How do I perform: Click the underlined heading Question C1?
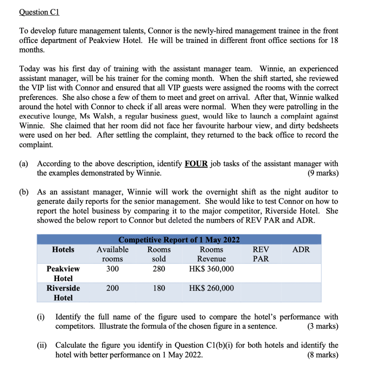pyautogui.click(x=39, y=12)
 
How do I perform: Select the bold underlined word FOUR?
pyautogui.click(x=196, y=164)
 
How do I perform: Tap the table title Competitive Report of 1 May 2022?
pyautogui.click(x=179, y=240)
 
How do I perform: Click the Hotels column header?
pyautogui.click(x=63, y=250)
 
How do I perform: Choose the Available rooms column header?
pyautogui.click(x=112, y=254)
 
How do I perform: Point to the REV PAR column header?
pyautogui.click(x=261, y=254)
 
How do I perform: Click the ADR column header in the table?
pyautogui.click(x=301, y=250)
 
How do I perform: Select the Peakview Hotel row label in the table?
pyautogui.click(x=63, y=274)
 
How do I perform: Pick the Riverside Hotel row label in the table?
pyautogui.click(x=63, y=293)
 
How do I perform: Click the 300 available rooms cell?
pyautogui.click(x=112, y=269)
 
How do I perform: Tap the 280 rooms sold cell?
pyautogui.click(x=159, y=269)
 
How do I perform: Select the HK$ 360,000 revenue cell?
pyautogui.click(x=211, y=269)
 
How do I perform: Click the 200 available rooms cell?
pyautogui.click(x=112, y=288)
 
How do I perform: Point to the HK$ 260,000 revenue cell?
pyautogui.click(x=211, y=288)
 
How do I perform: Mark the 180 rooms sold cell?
pyautogui.click(x=159, y=288)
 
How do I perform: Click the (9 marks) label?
pyautogui.click(x=322, y=173)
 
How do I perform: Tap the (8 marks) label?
pyautogui.click(x=322, y=355)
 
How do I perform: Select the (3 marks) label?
pyautogui.click(x=322, y=326)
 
